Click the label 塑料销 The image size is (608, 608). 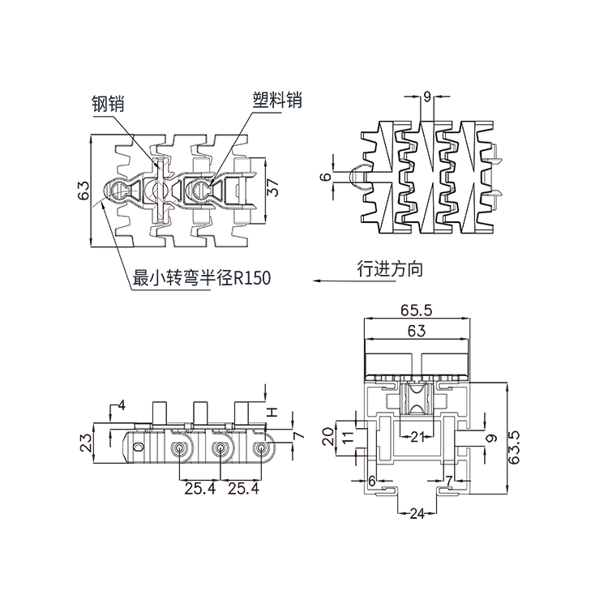276,100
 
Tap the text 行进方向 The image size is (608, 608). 390,269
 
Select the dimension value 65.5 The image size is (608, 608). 415,310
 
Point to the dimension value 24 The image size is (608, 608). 417,513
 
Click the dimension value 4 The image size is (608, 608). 122,405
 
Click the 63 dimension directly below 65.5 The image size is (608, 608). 415,330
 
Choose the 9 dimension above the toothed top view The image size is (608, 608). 427,97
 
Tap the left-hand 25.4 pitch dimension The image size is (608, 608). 199,488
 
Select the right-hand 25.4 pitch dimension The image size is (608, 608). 242,488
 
